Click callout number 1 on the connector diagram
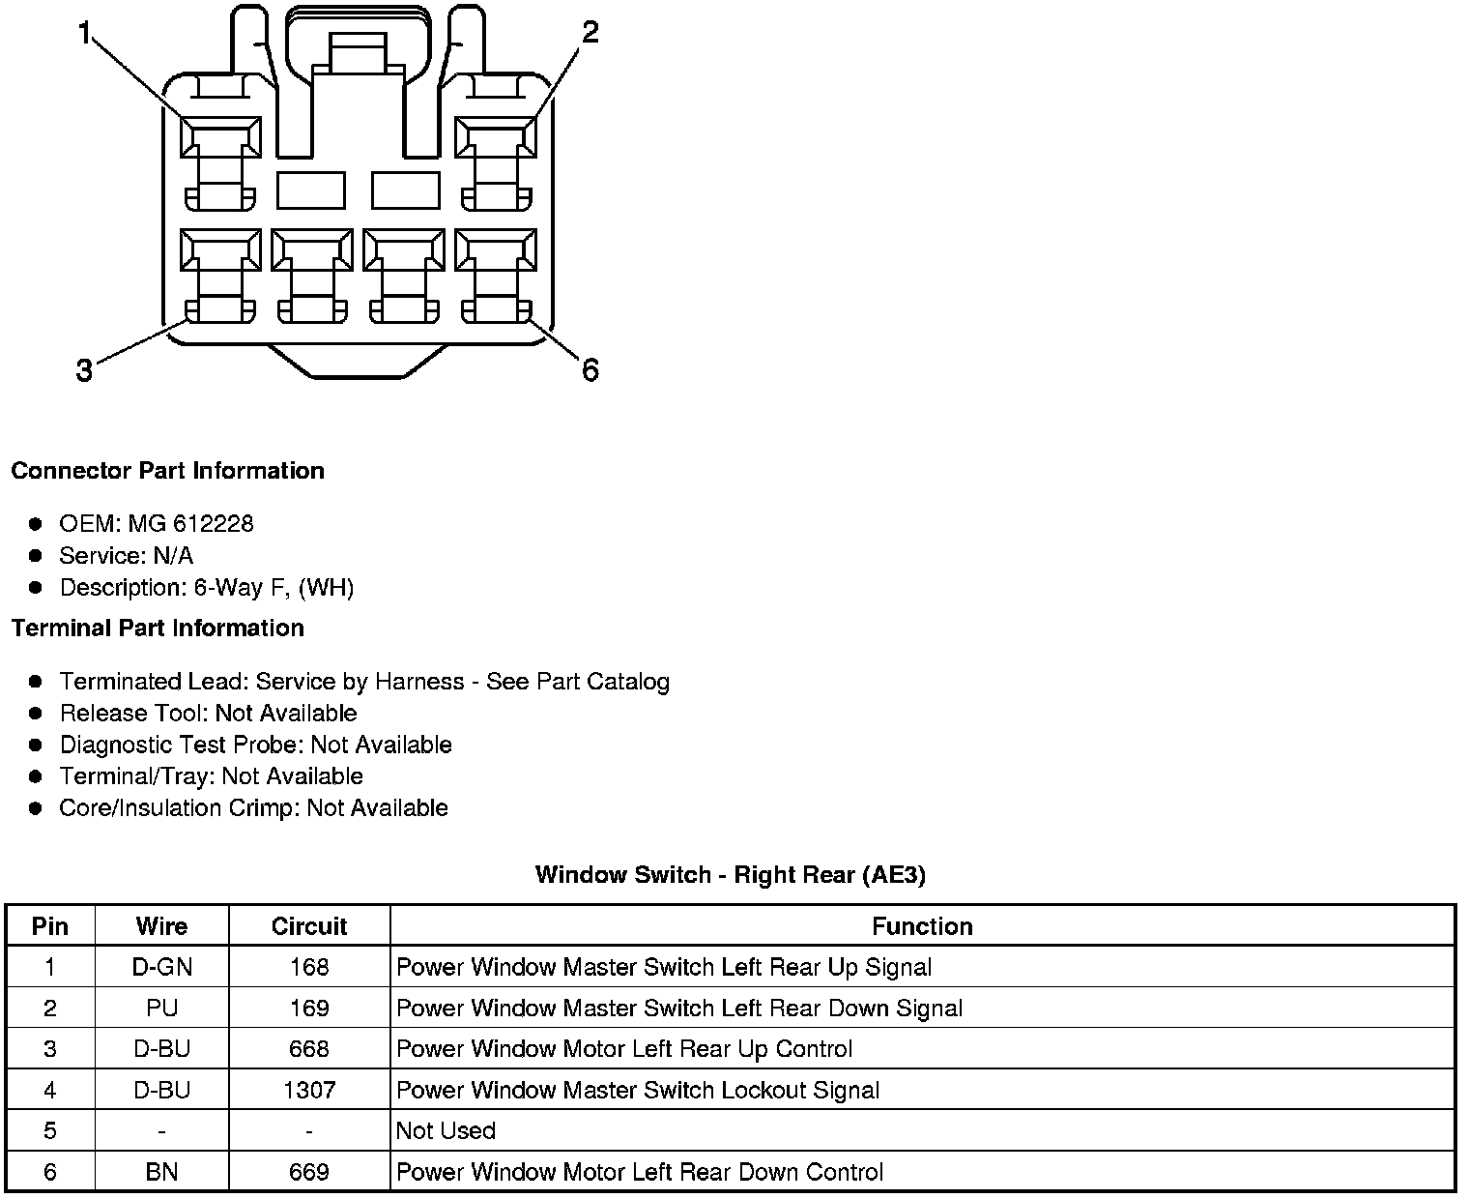[x=84, y=35]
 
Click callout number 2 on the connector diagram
[x=590, y=33]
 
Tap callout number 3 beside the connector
[x=84, y=370]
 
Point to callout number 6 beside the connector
[x=590, y=369]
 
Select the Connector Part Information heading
[x=167, y=471]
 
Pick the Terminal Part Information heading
[x=158, y=629]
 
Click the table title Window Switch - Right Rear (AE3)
[x=730, y=875]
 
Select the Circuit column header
[x=309, y=926]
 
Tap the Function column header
[x=922, y=926]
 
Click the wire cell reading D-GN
[x=162, y=967]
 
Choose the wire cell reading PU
[x=162, y=1009]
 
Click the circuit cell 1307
[x=309, y=1091]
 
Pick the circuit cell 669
[x=309, y=1173]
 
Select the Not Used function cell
[x=446, y=1131]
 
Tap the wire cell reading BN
[x=162, y=1173]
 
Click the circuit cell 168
[x=309, y=967]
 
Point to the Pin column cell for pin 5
[x=50, y=1131]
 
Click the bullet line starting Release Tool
[x=208, y=714]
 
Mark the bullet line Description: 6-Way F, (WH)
[x=206, y=588]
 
